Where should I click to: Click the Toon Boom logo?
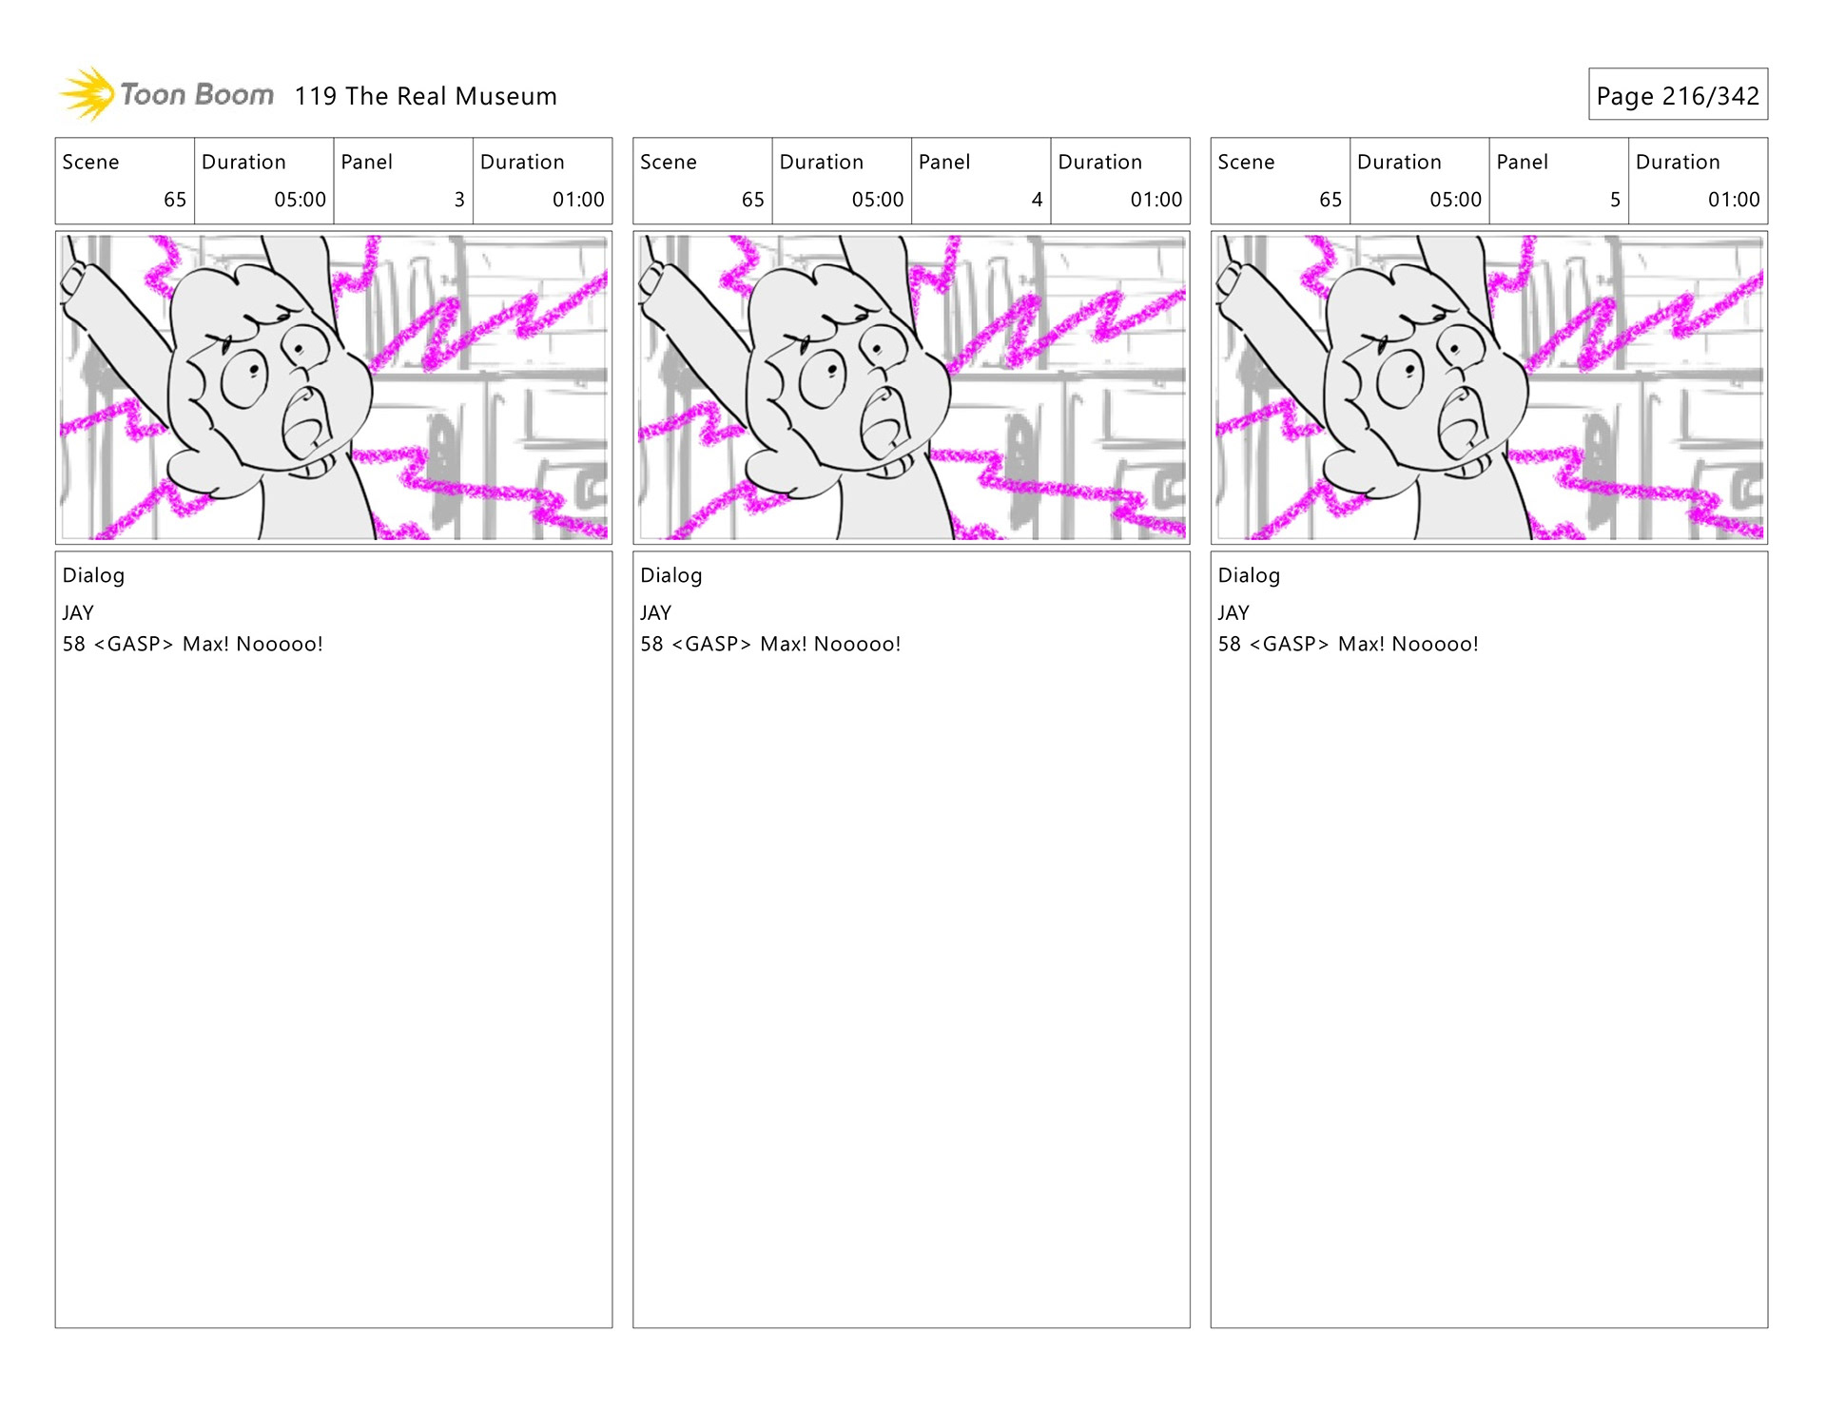tap(167, 94)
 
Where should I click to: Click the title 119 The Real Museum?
tap(425, 96)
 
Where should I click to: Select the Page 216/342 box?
tap(1677, 95)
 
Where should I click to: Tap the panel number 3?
tap(459, 200)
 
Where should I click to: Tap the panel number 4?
tap(1037, 200)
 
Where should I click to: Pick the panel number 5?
tap(1615, 200)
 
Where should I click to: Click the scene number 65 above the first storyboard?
tap(175, 200)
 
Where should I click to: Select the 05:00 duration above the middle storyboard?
tap(877, 200)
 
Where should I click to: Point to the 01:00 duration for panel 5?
tap(1733, 200)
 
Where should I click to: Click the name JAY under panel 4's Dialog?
tap(655, 613)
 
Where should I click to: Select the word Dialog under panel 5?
tap(1249, 575)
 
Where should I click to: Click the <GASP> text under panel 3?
tap(133, 644)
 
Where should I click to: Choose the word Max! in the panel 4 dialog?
tap(783, 644)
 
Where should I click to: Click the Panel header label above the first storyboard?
tap(366, 162)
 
